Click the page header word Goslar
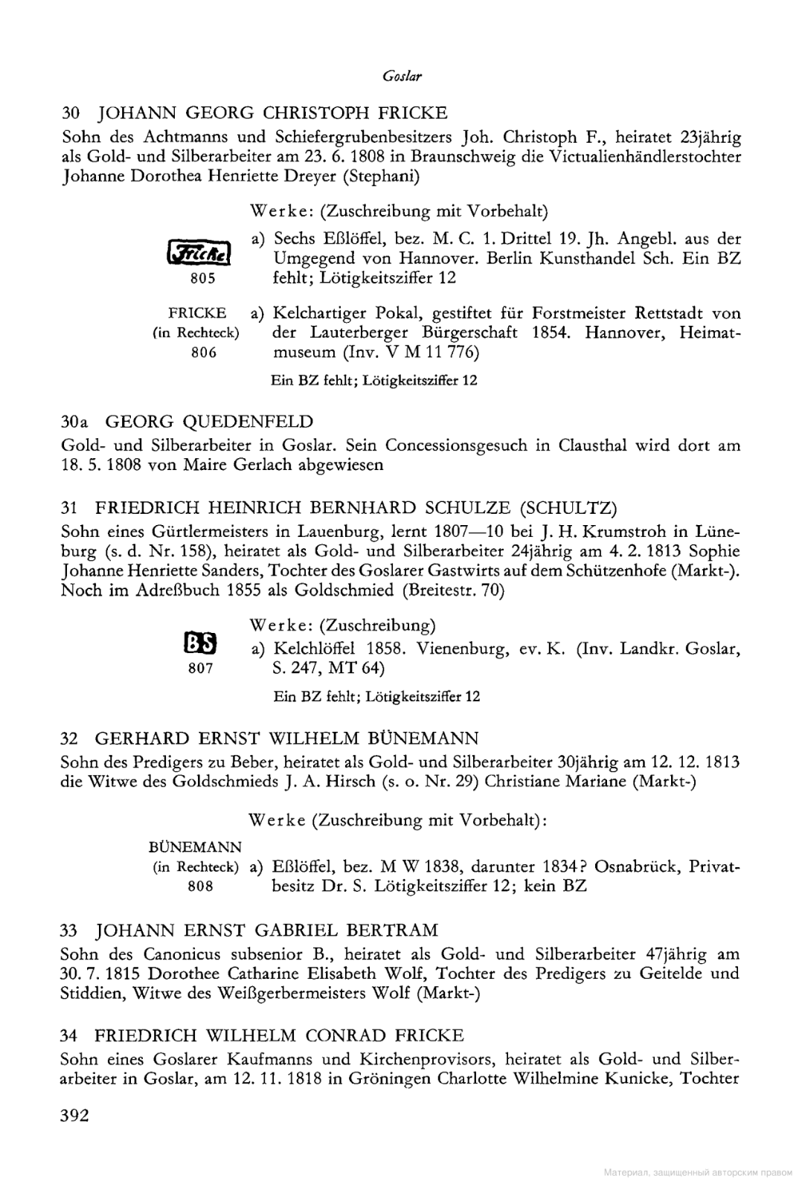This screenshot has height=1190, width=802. pos(402,76)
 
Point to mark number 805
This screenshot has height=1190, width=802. pos(203,278)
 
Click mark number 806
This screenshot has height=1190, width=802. pos(203,353)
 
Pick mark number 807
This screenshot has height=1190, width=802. pos(201,668)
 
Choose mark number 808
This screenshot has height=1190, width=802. pos(201,886)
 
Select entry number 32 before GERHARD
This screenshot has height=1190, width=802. pos(69,739)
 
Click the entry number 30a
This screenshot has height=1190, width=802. pos(74,422)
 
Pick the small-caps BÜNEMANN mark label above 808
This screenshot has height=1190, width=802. pos(195,846)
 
